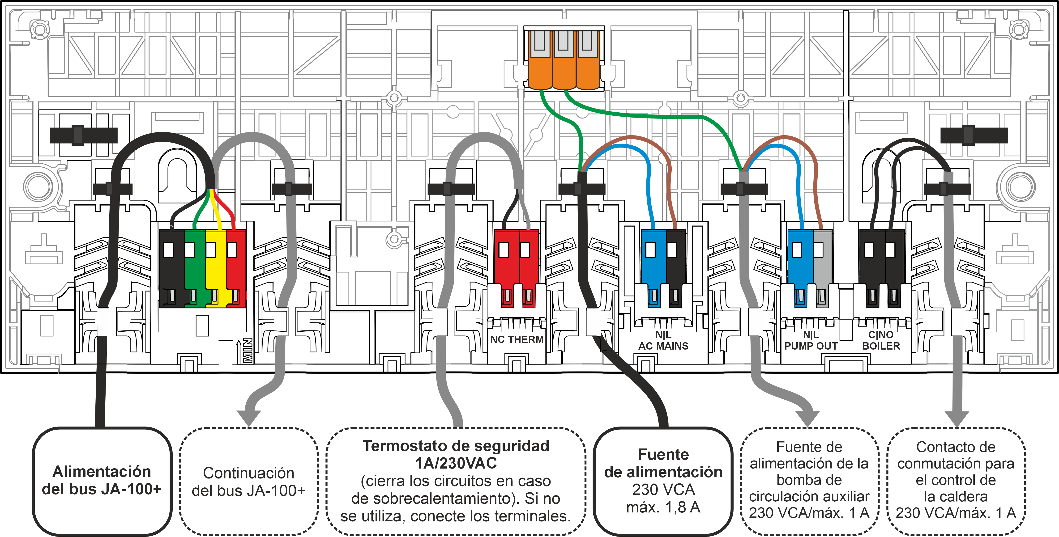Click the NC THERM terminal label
pos(517,339)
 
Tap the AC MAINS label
pos(663,346)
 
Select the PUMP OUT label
pos(811,346)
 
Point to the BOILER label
pos(881,346)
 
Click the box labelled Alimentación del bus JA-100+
pos(102,481)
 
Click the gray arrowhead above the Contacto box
pos(957,419)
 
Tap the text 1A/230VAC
pos(456,463)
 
